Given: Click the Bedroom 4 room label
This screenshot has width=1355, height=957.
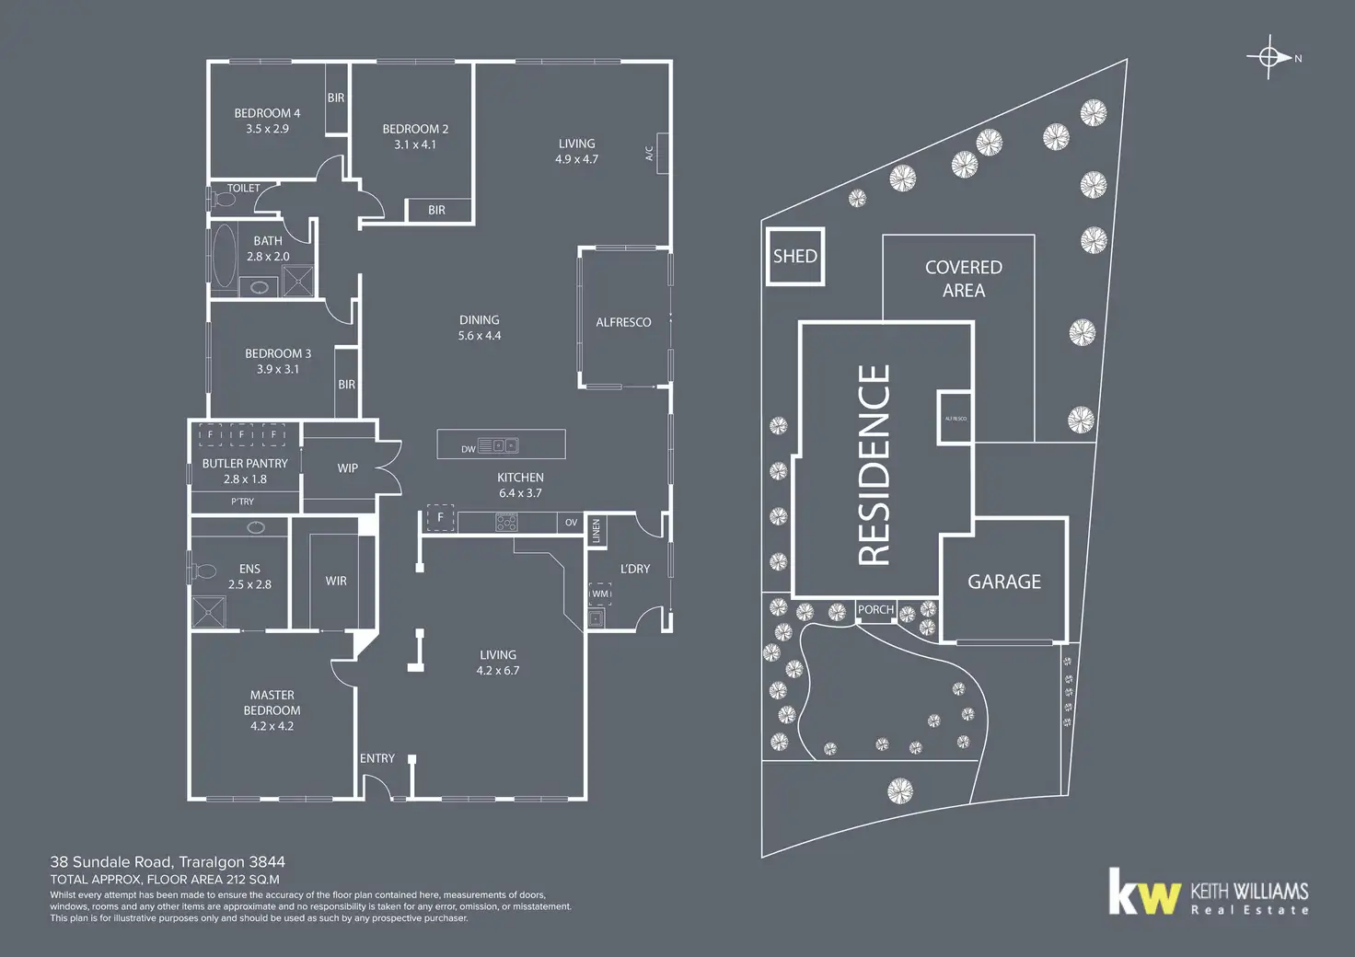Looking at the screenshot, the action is [x=267, y=113].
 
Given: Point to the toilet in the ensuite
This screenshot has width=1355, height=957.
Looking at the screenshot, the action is [x=203, y=571].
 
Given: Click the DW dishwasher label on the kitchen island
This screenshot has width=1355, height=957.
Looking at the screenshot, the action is [x=469, y=449].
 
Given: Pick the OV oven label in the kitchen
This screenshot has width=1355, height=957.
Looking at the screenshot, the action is [x=571, y=523].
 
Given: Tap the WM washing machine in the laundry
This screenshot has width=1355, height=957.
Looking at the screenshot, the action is [x=600, y=594].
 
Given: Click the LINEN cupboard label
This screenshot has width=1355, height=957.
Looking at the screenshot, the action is [x=596, y=531].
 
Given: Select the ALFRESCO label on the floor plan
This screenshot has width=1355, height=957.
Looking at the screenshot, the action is [x=623, y=322].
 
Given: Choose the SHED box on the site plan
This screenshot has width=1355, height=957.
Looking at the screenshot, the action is [x=794, y=256].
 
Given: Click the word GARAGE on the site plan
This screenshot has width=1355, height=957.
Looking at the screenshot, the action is [x=1004, y=582].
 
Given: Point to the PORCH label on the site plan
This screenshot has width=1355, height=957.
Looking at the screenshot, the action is [x=875, y=609].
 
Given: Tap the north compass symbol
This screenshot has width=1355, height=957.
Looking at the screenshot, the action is [x=1269, y=57].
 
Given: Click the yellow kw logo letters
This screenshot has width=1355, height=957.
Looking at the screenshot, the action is [x=1144, y=893].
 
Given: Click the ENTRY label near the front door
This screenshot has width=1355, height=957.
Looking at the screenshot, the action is [x=377, y=758].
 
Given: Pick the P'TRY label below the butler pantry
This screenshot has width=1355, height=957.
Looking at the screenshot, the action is [x=243, y=502].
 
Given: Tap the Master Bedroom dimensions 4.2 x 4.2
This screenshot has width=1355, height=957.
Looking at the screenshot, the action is [x=272, y=726].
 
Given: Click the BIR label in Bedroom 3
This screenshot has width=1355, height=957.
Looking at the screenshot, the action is [x=346, y=385].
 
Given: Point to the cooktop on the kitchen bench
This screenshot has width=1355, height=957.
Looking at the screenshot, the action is [x=506, y=523].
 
